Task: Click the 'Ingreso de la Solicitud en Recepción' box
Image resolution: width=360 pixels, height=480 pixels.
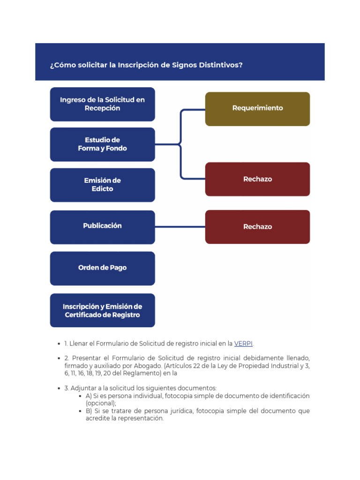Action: point(102,104)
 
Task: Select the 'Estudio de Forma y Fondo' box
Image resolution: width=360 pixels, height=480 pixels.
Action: point(102,144)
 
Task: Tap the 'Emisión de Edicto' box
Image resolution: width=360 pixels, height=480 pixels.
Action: point(102,185)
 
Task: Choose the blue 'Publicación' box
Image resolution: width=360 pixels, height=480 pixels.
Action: point(102,226)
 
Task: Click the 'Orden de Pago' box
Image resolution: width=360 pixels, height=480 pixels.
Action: point(102,268)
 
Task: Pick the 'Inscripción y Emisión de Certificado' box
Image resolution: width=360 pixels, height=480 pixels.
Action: point(102,310)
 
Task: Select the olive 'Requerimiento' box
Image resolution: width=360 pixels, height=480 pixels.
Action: point(257,108)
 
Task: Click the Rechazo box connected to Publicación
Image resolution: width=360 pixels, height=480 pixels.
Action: point(257,227)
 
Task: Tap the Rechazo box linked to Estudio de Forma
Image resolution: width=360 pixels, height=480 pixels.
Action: point(257,179)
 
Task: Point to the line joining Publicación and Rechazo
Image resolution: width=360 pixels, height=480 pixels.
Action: point(180,227)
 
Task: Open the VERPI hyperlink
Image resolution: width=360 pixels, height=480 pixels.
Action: point(243,344)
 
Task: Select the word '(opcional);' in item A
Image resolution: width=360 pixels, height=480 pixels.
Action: point(101,403)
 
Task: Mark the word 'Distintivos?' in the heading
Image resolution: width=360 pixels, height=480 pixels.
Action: point(222,65)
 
